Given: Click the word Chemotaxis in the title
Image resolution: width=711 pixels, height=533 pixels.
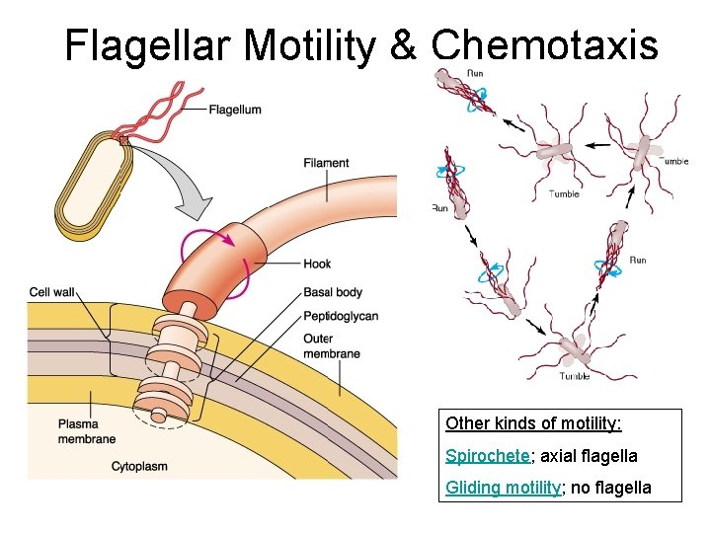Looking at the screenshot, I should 544,44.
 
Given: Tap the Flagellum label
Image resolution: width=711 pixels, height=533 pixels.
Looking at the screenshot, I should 235,110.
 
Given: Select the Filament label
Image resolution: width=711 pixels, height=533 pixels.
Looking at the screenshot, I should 326,163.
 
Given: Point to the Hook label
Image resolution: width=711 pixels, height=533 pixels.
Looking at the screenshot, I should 317,264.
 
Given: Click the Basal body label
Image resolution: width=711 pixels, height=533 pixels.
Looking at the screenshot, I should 333,292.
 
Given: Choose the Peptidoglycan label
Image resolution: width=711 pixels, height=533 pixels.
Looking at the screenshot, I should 340,316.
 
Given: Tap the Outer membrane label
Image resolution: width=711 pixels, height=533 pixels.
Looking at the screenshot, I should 331,346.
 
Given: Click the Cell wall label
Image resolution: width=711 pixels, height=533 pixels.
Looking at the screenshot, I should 53,292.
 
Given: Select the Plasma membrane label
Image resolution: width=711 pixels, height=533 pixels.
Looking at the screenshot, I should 86,431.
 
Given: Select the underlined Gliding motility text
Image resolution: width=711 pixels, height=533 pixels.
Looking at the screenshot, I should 503,488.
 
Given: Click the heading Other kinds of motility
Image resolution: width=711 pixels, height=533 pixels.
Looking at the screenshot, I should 533,423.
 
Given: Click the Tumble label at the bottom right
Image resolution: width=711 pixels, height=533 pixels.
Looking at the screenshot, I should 575,376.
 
